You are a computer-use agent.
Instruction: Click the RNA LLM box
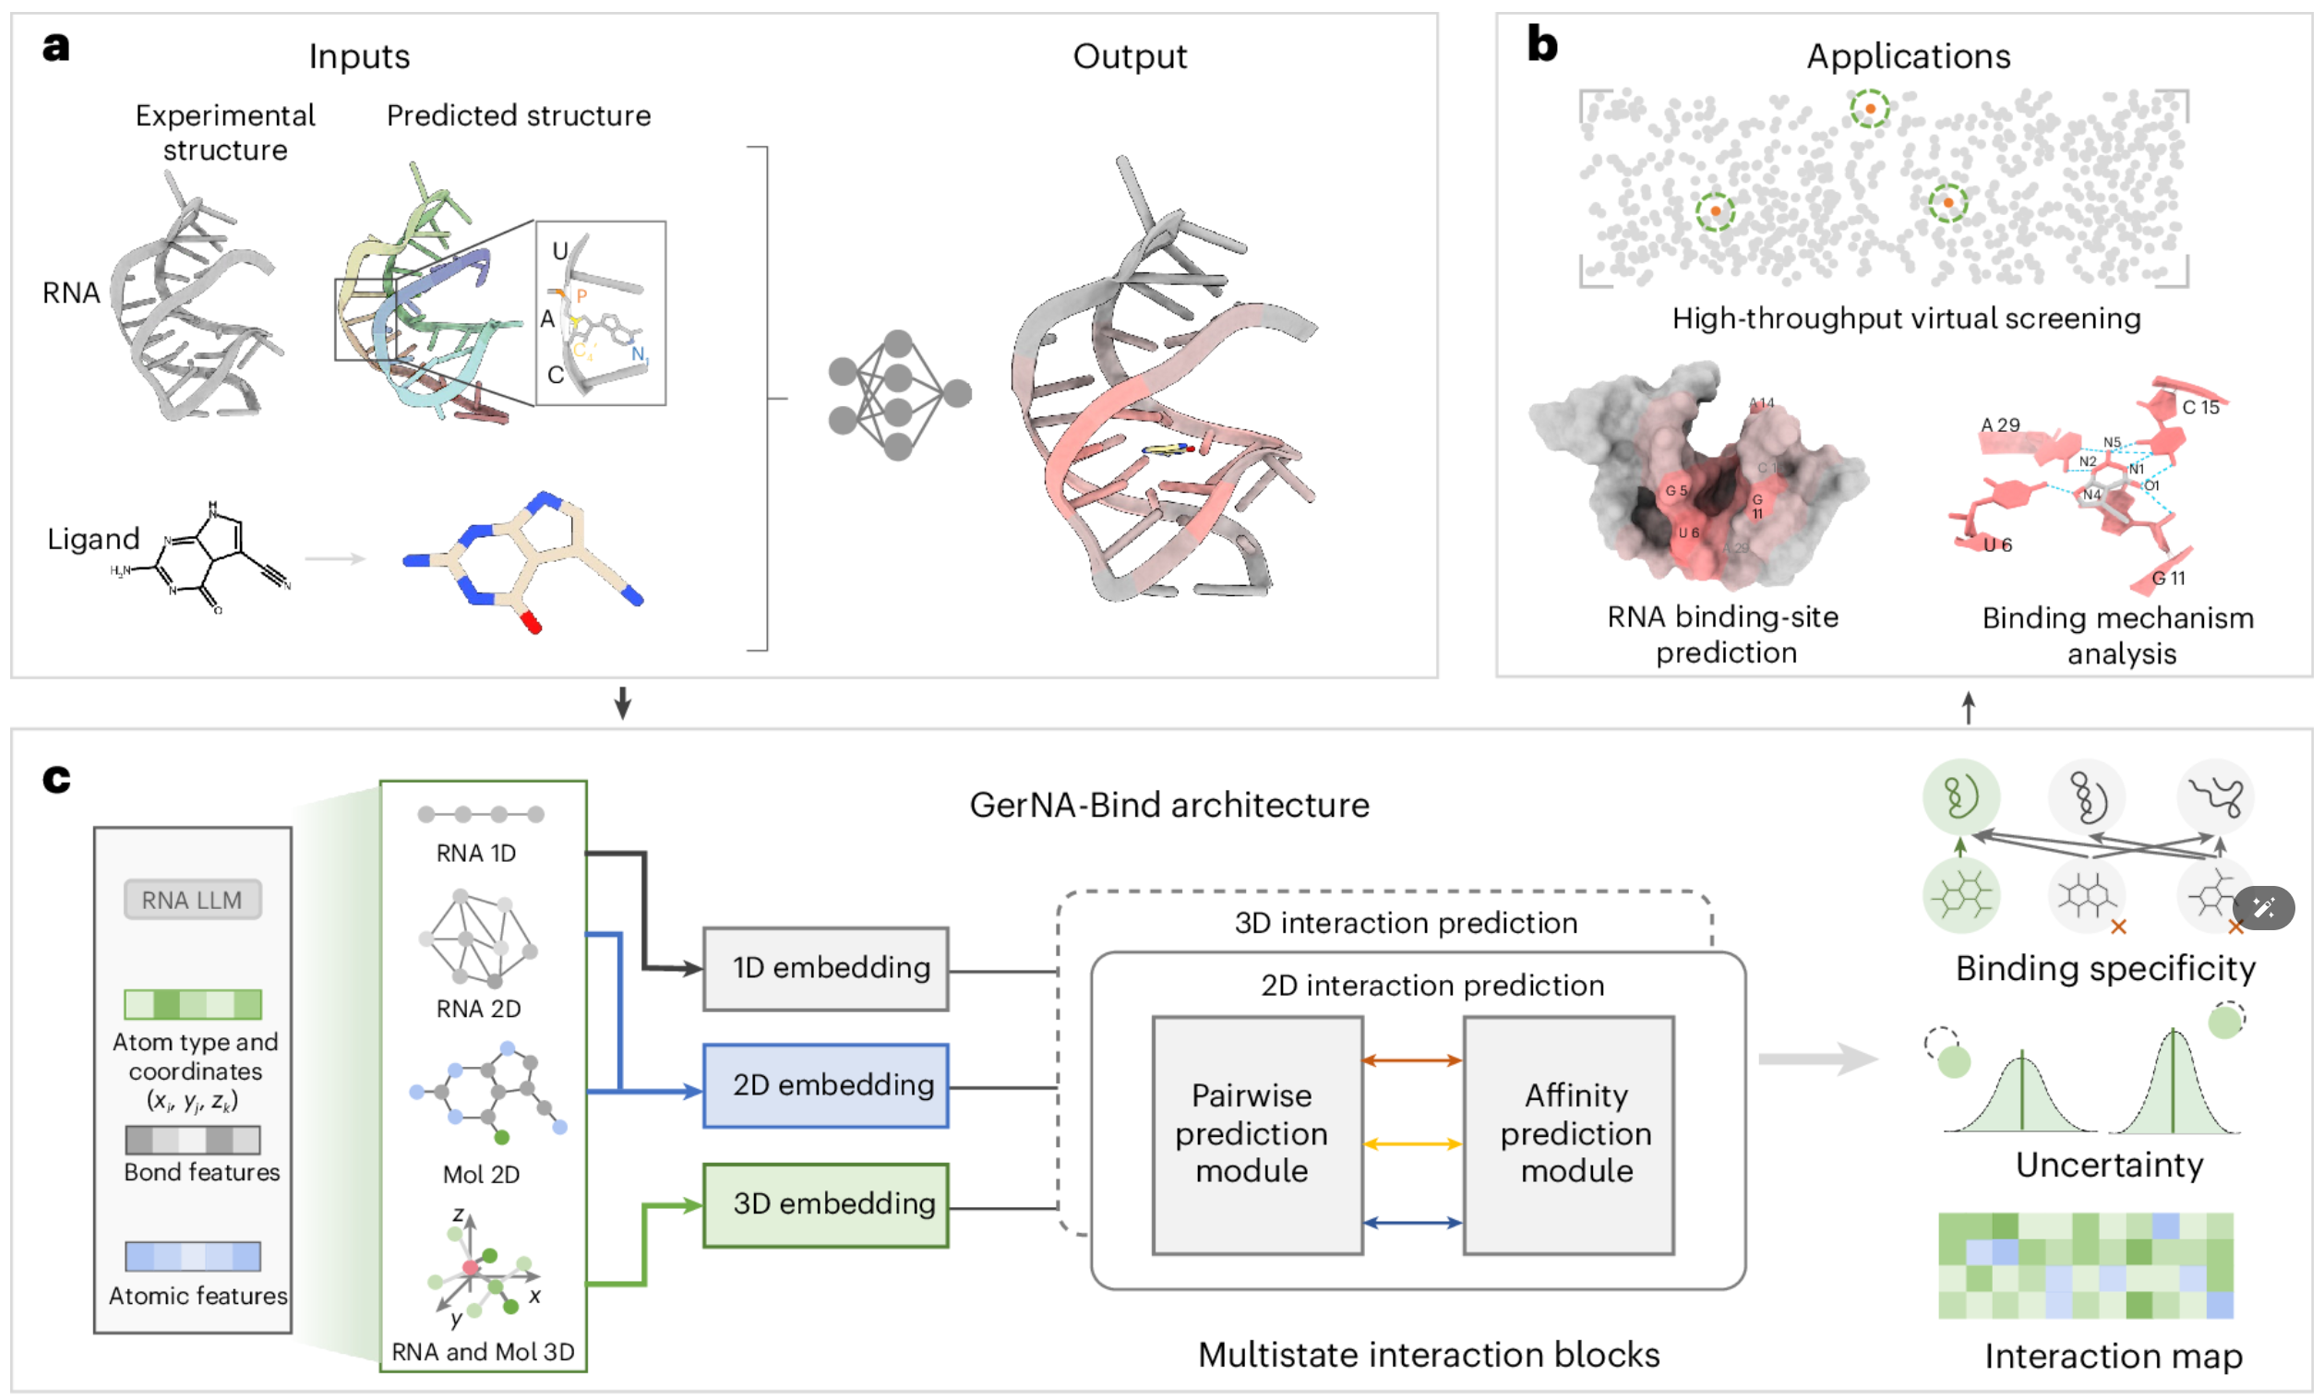point(192,900)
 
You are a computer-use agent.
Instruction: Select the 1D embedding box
point(826,968)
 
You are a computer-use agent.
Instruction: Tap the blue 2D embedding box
point(826,1085)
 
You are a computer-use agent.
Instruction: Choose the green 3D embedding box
point(826,1204)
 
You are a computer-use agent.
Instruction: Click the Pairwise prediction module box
point(1257,1134)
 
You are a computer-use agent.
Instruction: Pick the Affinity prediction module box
point(1569,1134)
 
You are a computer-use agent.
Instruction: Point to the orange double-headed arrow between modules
point(1411,1060)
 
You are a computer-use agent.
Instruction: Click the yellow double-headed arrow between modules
point(1411,1143)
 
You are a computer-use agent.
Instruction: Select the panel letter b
point(1541,44)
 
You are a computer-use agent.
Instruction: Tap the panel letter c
point(56,779)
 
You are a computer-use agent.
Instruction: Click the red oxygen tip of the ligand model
point(532,622)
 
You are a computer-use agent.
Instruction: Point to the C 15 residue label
point(2199,407)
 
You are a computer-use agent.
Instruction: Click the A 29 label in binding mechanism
point(1999,424)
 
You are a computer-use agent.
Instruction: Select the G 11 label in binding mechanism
point(2167,578)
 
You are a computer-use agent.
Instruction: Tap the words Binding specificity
point(2104,968)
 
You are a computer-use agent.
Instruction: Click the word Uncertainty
point(2109,1166)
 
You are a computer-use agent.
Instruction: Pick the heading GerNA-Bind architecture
point(1168,805)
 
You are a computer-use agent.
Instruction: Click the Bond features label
point(202,1172)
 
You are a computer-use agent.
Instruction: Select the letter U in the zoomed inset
point(560,251)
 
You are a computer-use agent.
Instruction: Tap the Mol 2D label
point(481,1174)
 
